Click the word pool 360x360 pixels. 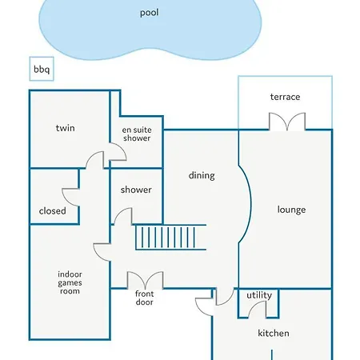tap(150, 13)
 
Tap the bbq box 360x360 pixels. tap(42, 69)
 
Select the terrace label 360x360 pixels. tap(285, 97)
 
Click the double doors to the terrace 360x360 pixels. tap(287, 122)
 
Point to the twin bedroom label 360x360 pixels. tap(66, 128)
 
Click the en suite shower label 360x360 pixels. tap(137, 134)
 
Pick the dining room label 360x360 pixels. tap(202, 175)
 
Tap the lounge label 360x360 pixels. tap(291, 210)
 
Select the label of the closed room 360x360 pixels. tap(53, 211)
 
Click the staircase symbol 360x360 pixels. tap(170, 237)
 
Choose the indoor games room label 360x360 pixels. tap(70, 282)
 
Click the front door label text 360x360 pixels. tap(144, 298)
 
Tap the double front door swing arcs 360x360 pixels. tap(145, 280)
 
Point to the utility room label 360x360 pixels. tap(259, 295)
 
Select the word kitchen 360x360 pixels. tap(274, 333)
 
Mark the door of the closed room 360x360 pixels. tap(70, 197)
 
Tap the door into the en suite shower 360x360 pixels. tap(118, 151)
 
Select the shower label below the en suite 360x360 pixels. tap(136, 190)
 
